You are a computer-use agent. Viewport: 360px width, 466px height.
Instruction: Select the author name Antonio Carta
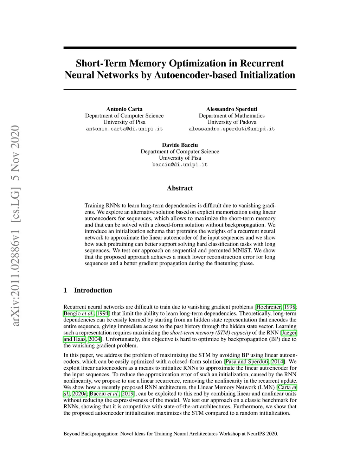(x=124, y=109)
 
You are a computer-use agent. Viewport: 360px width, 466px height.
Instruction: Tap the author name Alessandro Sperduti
(x=232, y=109)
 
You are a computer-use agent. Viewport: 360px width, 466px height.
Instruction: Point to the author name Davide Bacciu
(x=180, y=145)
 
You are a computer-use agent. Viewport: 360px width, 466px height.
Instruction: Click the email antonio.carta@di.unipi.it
(x=124, y=129)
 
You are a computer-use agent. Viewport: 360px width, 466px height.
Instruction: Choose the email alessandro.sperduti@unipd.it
(x=232, y=129)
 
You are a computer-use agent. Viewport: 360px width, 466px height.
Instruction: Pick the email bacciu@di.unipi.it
(x=180, y=165)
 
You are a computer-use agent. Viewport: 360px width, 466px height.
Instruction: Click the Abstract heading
(x=180, y=188)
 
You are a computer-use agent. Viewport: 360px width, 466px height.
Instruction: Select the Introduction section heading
(x=93, y=290)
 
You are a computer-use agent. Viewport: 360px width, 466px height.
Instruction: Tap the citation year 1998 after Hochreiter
(x=290, y=307)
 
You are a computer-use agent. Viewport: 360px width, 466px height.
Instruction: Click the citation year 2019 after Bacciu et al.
(x=128, y=394)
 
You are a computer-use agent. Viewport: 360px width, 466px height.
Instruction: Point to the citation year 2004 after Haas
(x=94, y=339)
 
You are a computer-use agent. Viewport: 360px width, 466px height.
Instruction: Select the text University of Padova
(x=232, y=122)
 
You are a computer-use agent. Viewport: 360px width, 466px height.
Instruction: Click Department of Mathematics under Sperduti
(x=232, y=116)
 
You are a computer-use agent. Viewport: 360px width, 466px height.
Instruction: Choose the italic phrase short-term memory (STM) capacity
(x=211, y=333)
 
